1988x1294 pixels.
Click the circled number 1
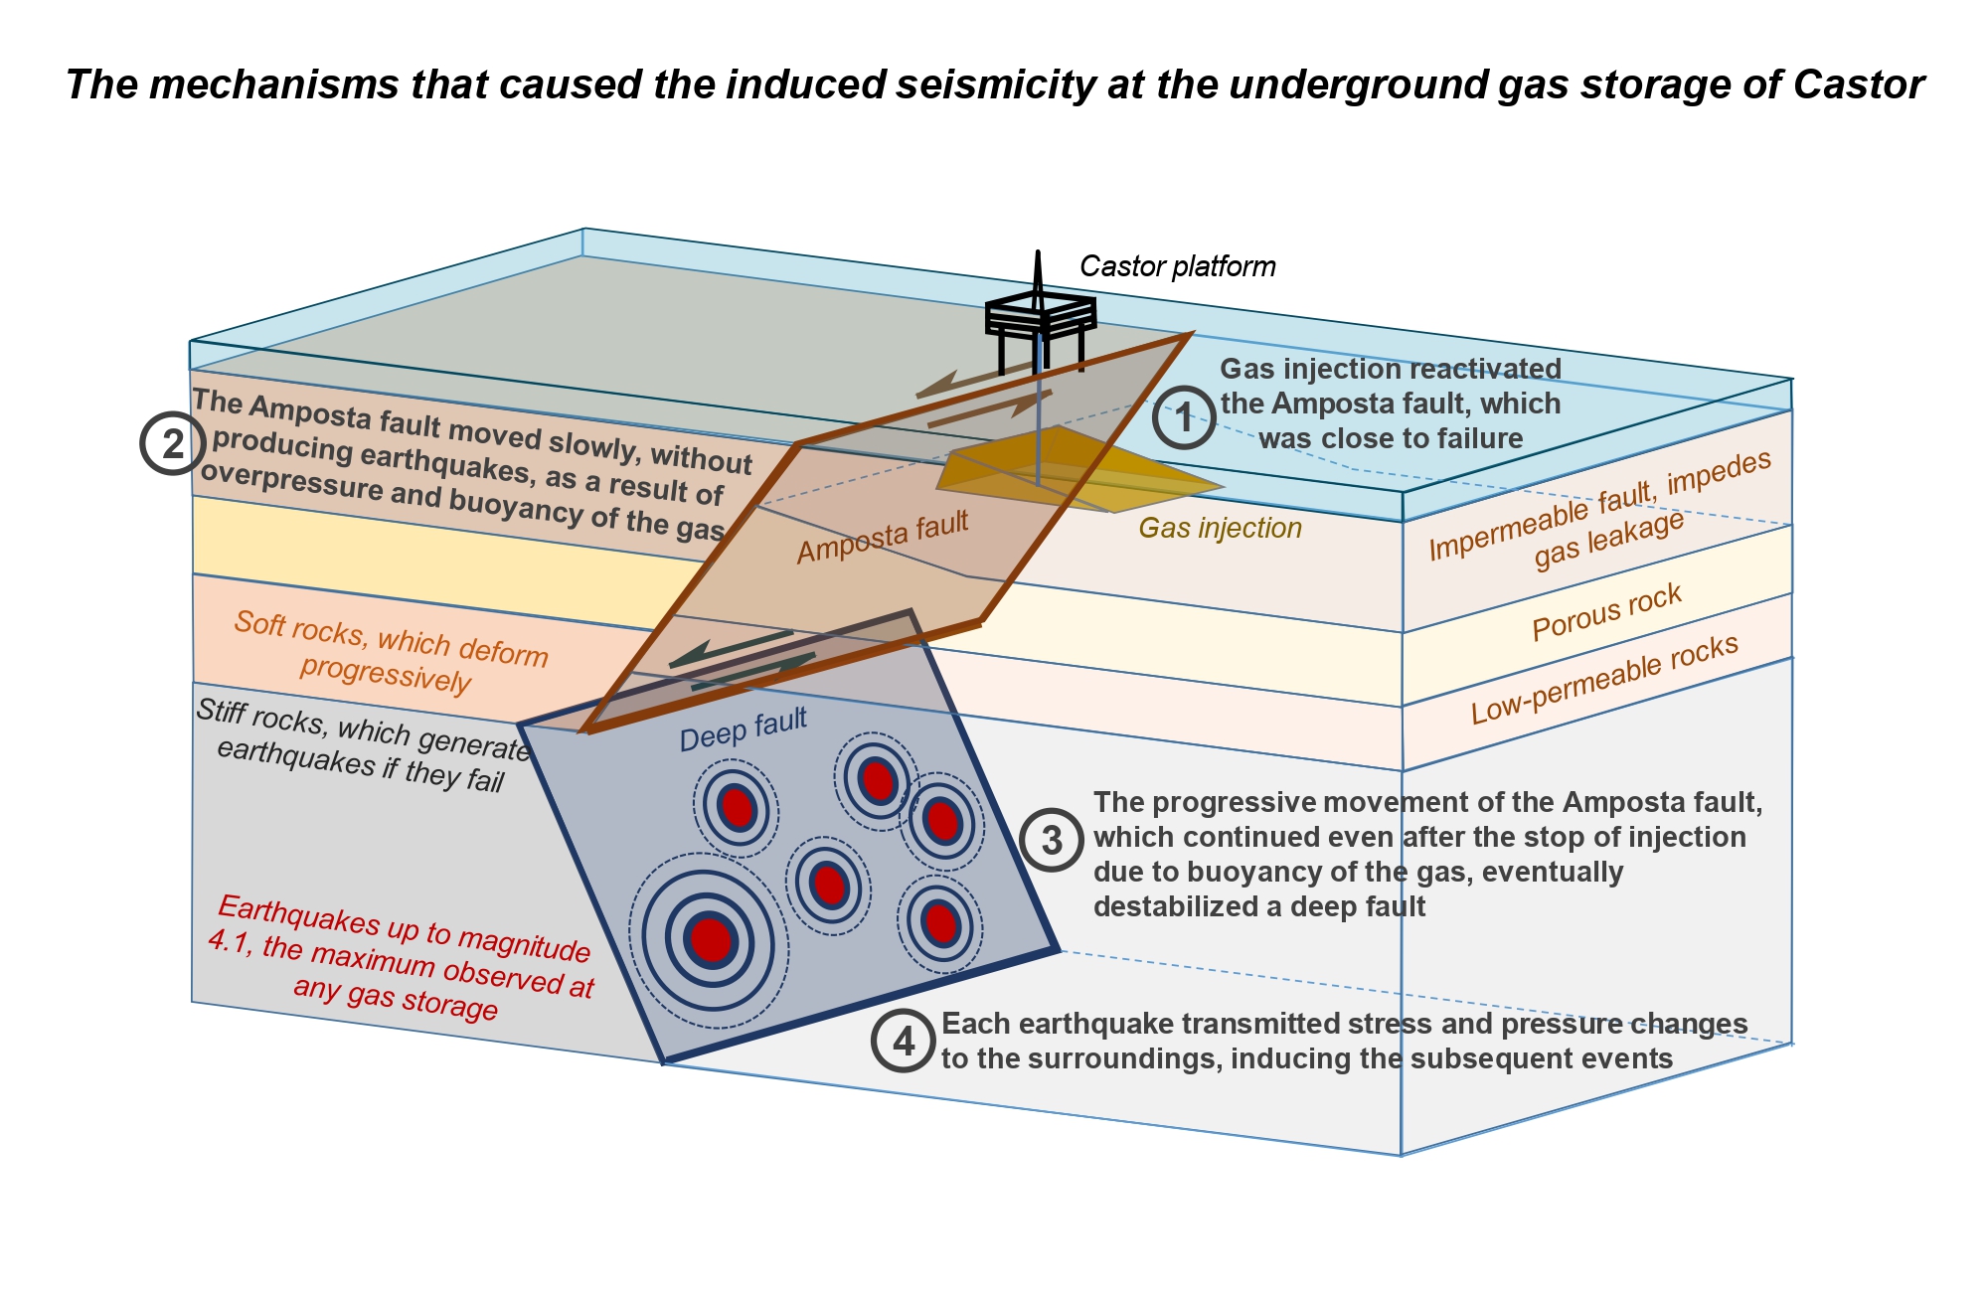(1183, 417)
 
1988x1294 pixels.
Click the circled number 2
(173, 443)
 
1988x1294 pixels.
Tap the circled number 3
(1051, 841)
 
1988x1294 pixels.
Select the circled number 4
(903, 1042)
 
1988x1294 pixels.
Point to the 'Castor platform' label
(1177, 266)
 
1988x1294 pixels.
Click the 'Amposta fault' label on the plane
(882, 537)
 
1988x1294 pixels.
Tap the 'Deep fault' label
(743, 729)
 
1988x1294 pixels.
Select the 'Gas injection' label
(1220, 528)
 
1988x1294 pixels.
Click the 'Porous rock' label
(1606, 612)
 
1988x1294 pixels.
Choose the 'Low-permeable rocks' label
(1604, 679)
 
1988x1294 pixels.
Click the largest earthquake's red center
(711, 938)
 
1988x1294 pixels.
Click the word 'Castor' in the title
(1858, 84)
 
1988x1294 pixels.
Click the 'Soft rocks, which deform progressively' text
(390, 652)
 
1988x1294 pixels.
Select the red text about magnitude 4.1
(401, 958)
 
